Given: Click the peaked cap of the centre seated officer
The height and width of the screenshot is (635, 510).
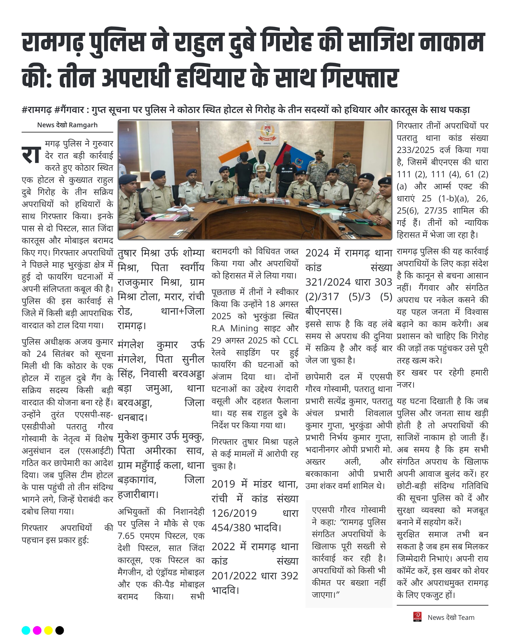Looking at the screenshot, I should [261, 168].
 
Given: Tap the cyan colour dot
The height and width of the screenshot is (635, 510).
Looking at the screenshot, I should [26, 630].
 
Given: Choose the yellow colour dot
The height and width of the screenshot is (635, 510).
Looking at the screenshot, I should [48, 630].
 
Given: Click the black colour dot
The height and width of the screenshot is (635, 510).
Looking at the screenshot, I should [60, 630].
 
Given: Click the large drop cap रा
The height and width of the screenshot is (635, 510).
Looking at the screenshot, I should [31, 155].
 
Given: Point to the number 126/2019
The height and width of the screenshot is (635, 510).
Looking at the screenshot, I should [234, 513].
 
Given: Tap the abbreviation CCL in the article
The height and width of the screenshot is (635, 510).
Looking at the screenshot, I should [291, 340].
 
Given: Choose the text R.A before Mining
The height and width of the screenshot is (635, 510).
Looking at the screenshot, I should [218, 328].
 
